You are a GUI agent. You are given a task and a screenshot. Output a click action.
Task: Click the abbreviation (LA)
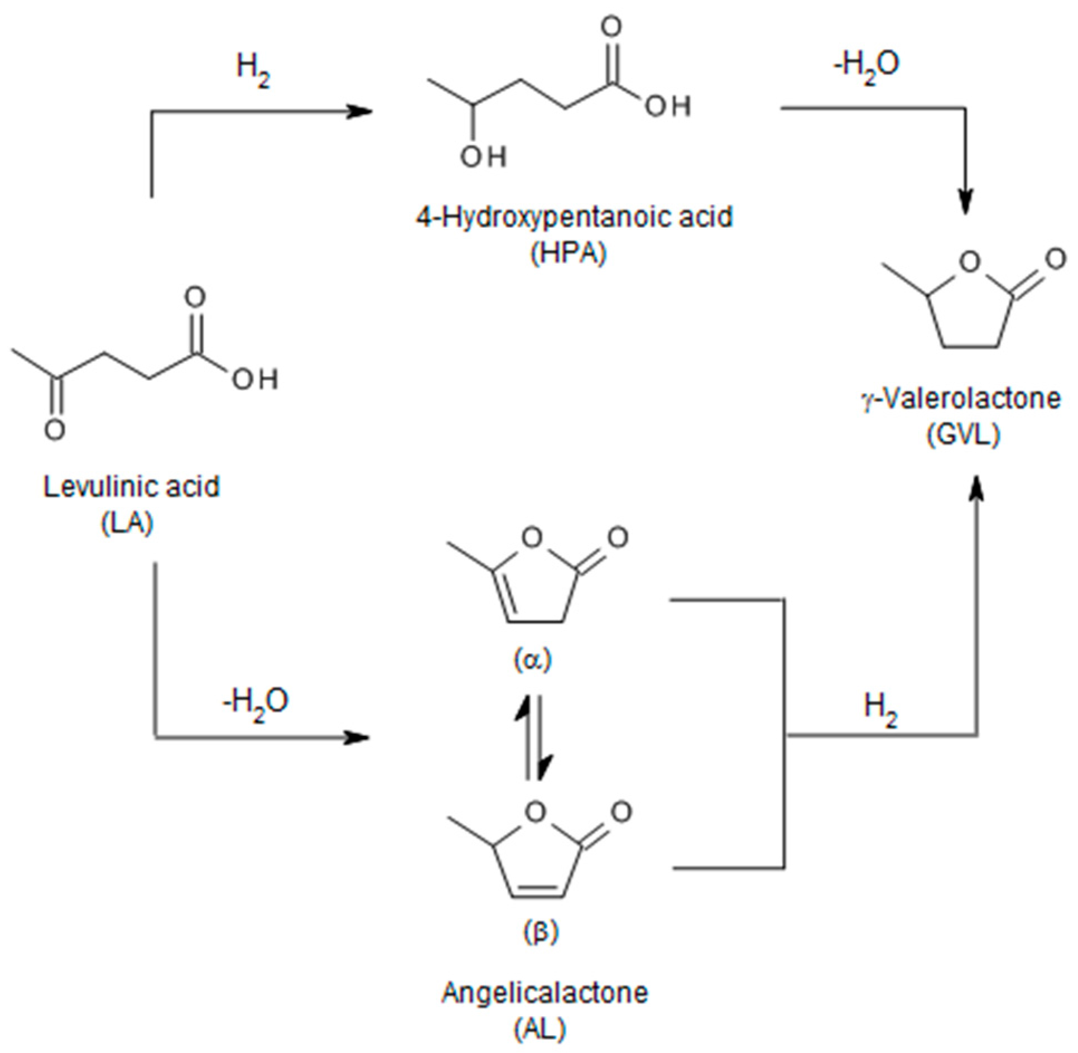[x=128, y=524]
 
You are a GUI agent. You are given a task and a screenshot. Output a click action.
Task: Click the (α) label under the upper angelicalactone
[x=532, y=660]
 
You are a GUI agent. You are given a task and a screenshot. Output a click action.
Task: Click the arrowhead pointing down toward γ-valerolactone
[x=966, y=202]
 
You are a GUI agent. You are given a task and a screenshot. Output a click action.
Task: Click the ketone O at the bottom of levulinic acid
[x=55, y=429]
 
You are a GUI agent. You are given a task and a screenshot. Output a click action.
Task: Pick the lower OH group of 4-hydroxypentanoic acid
[x=483, y=157]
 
